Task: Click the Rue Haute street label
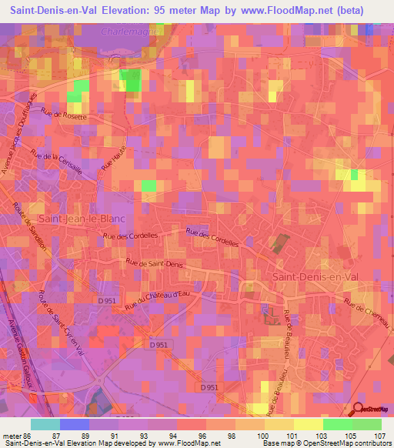118,162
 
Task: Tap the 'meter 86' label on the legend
16,436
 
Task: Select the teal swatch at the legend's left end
45,424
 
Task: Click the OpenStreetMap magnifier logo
358,410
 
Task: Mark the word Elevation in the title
125,11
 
